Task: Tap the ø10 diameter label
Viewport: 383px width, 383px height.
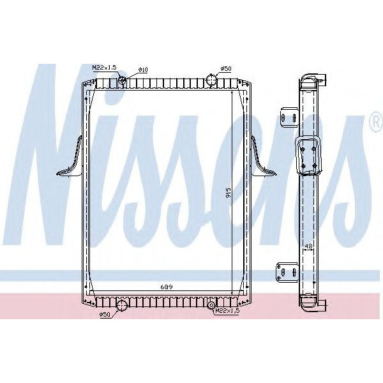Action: tap(144, 68)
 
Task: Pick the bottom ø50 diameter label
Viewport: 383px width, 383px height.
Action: tap(106, 315)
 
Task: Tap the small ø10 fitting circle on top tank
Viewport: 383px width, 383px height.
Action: tap(123, 80)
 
